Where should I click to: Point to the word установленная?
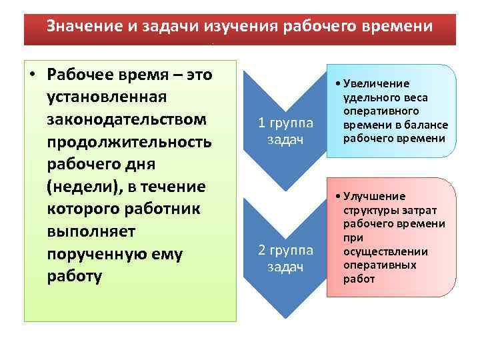[x=105, y=97]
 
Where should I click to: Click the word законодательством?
[x=127, y=120]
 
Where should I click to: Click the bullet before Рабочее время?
[x=33, y=75]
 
